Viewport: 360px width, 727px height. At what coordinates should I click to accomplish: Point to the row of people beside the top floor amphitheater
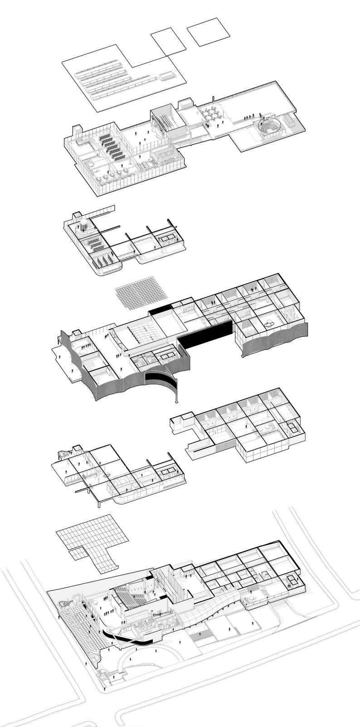[x=248, y=117]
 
